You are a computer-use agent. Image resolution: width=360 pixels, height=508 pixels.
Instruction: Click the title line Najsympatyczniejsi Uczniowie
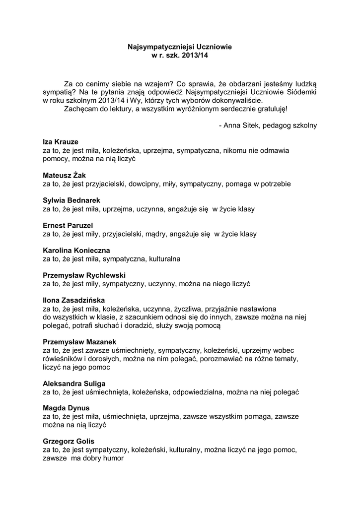point(180,47)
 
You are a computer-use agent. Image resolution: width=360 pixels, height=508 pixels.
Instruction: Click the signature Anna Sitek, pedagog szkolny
point(268,126)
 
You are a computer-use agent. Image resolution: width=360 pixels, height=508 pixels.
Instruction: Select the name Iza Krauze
point(61,142)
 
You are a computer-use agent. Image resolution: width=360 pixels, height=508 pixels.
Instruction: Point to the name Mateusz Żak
point(65,175)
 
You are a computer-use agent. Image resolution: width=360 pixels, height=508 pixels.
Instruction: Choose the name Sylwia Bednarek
point(72,200)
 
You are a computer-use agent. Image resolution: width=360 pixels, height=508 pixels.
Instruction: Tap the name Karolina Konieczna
point(76,251)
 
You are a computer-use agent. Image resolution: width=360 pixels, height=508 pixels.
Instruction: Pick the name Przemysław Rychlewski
point(84,275)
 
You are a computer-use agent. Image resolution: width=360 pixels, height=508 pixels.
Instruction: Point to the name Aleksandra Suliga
point(74,383)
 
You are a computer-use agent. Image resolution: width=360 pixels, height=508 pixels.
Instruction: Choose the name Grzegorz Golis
point(69,442)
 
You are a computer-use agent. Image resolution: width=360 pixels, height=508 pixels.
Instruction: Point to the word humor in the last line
point(113,458)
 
